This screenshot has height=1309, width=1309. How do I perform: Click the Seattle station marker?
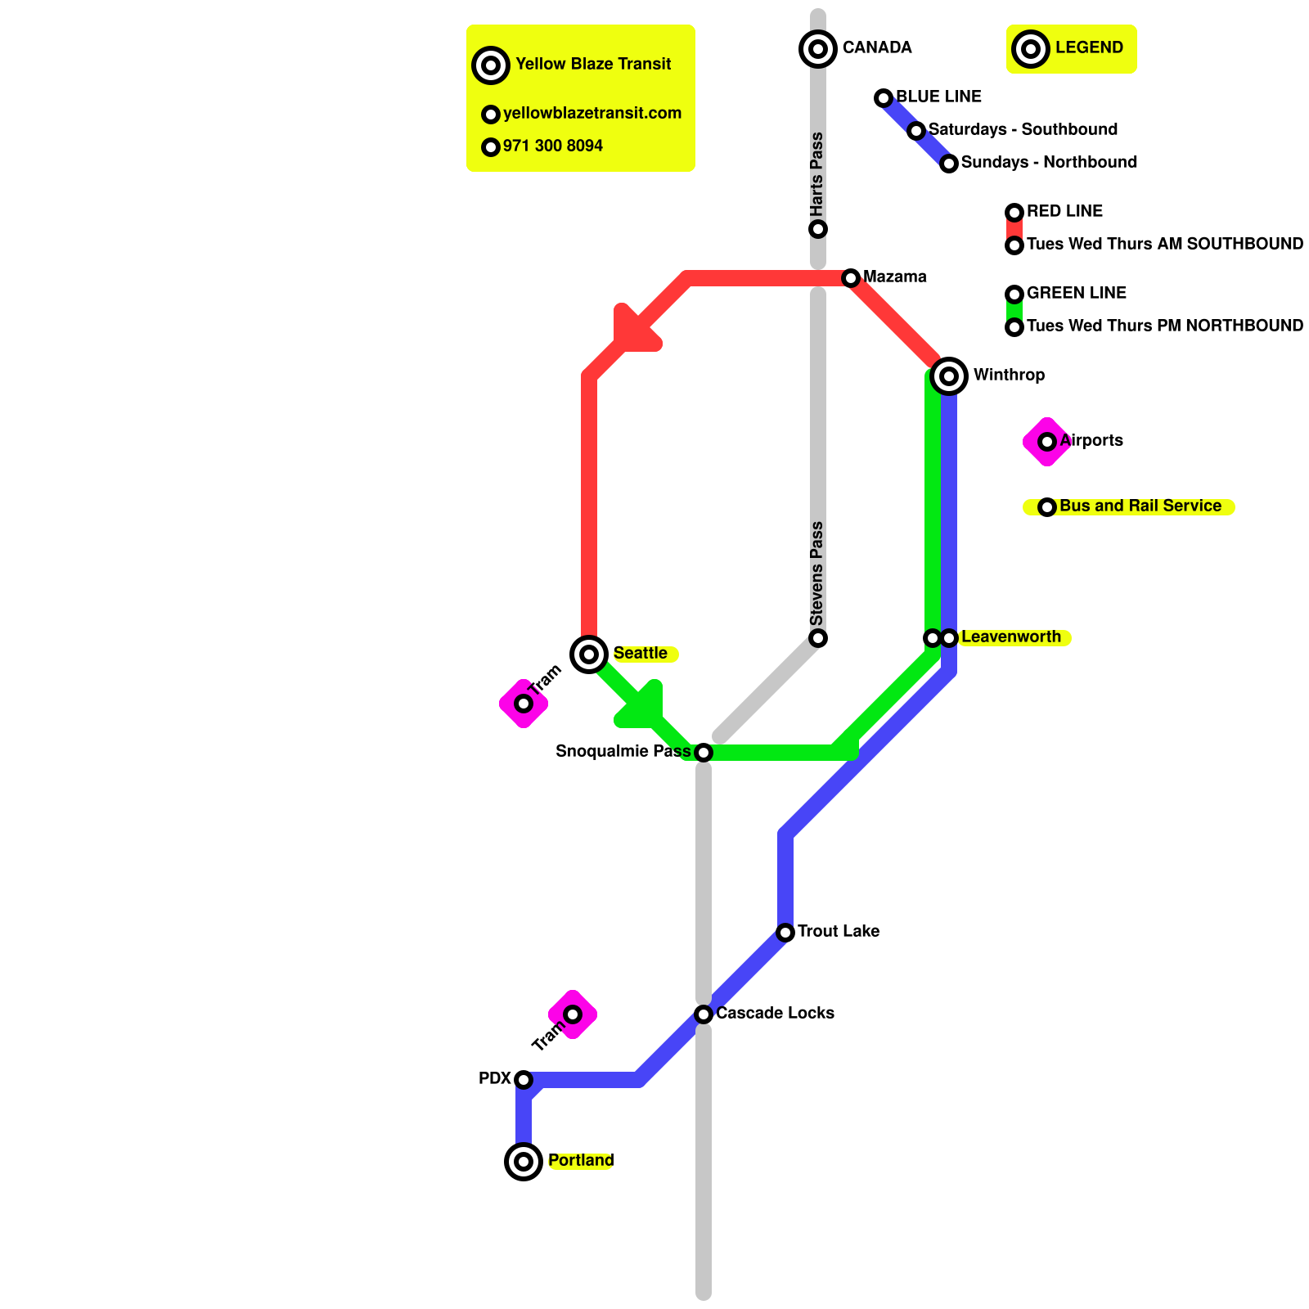[589, 654]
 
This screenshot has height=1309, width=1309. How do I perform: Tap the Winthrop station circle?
[949, 376]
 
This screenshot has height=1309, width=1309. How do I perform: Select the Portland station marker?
[524, 1161]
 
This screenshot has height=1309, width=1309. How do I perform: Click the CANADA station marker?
[818, 48]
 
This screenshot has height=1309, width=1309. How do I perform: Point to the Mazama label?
[894, 277]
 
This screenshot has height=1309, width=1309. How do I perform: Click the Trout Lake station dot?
[785, 932]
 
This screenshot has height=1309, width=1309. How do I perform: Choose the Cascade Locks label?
[775, 1013]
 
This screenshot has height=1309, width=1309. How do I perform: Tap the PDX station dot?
[524, 1080]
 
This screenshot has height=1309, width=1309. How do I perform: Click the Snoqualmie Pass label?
[623, 751]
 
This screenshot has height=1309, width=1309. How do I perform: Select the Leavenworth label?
[1010, 637]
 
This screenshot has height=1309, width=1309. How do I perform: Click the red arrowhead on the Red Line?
[634, 332]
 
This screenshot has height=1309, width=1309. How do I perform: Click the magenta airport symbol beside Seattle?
[524, 703]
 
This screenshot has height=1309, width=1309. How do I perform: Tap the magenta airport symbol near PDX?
[573, 1014]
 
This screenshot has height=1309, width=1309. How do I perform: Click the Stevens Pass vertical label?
[816, 573]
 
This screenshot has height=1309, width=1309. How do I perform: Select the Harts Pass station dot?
[818, 229]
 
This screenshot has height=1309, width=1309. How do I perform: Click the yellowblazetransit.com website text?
[592, 113]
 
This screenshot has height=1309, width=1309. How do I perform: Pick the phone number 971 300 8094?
[552, 146]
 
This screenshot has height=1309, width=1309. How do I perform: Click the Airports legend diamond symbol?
[1047, 442]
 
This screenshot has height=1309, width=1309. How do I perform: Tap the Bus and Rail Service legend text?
[1140, 506]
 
